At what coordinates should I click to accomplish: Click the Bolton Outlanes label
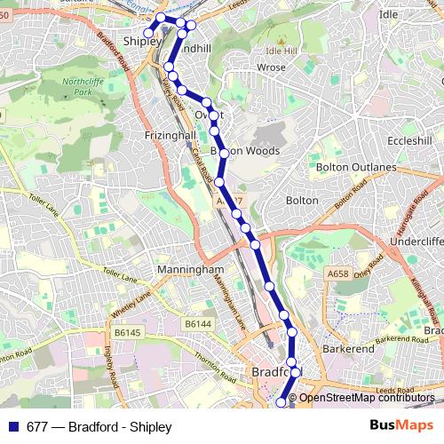click(x=355, y=167)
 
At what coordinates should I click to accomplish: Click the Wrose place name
click(x=271, y=67)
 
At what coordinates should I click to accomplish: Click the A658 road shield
click(x=338, y=274)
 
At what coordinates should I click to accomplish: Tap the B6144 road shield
click(x=196, y=326)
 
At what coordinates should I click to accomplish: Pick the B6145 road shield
click(x=128, y=332)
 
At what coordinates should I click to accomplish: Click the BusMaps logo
click(x=401, y=426)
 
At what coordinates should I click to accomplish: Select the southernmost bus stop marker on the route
click(x=282, y=402)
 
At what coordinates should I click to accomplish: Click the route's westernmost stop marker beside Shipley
click(x=147, y=34)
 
